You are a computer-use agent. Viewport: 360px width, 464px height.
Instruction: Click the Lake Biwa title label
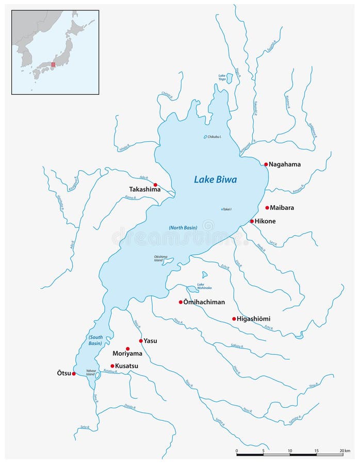tap(215, 180)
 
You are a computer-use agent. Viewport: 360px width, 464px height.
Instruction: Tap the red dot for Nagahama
tap(266, 164)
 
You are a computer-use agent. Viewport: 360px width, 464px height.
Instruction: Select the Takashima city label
tap(144, 190)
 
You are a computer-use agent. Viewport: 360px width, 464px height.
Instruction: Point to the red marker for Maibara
tap(267, 208)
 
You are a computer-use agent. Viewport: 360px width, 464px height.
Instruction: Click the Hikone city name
tap(265, 221)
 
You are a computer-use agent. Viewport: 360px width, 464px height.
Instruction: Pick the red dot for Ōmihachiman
tap(181, 302)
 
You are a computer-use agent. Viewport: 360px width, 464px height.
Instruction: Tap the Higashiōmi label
tap(254, 319)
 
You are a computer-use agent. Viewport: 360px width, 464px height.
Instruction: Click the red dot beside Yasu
tap(141, 341)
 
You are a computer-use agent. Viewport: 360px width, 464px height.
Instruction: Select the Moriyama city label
tap(127, 354)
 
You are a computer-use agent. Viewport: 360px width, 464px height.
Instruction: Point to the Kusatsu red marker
tap(112, 366)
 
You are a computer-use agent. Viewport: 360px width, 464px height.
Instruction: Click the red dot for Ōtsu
tap(74, 374)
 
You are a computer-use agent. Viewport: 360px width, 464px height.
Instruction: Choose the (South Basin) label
tap(94, 340)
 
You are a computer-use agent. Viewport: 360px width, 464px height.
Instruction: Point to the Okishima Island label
tap(161, 258)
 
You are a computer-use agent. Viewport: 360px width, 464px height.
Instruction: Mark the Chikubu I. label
tap(214, 137)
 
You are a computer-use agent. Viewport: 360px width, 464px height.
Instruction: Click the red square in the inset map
tap(53, 65)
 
